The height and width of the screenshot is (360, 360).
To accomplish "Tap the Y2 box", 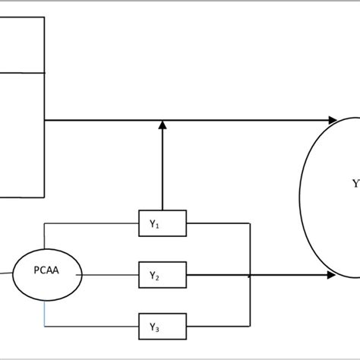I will [x=162, y=275].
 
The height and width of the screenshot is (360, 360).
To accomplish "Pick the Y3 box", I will [x=162, y=327].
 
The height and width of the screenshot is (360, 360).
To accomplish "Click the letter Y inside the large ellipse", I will [x=355, y=184].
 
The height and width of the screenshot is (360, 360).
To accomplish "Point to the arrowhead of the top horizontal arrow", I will [x=332, y=120].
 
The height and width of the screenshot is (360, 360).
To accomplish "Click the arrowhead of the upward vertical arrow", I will [x=162, y=125].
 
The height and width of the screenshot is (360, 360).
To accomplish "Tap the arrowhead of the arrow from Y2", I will [x=332, y=275].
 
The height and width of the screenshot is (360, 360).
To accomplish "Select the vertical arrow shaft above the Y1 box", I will [x=162, y=167].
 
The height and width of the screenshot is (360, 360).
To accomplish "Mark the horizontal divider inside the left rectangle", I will [x=23, y=73].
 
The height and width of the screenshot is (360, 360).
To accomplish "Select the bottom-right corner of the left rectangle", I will [x=45, y=196].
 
